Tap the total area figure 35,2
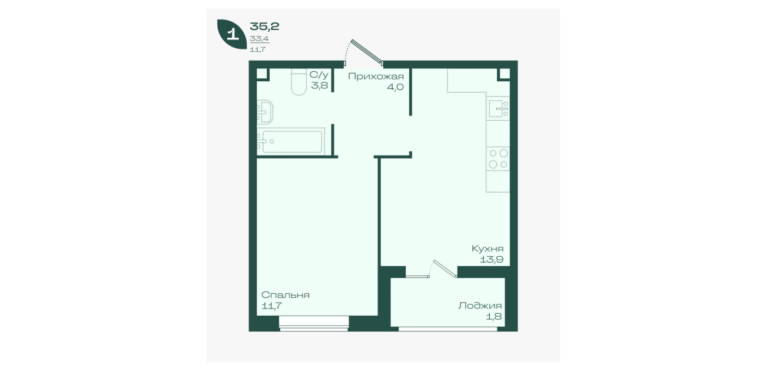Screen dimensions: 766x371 click(x=264, y=26)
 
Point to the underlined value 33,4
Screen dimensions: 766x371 click(x=259, y=39)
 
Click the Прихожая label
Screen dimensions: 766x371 click(x=376, y=76)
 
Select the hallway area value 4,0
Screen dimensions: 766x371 click(x=395, y=87)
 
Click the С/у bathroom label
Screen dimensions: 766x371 click(x=319, y=75)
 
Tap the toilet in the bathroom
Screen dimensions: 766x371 click(x=299, y=82)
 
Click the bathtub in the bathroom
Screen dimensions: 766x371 click(x=291, y=141)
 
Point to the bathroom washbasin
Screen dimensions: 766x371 click(x=265, y=112)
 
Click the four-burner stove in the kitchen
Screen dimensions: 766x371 click(x=498, y=158)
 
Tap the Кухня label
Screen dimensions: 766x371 click(x=488, y=249)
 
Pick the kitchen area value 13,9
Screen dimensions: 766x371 click(x=492, y=260)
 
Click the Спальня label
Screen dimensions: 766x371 click(x=286, y=295)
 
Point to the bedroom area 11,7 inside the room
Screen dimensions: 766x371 click(x=271, y=306)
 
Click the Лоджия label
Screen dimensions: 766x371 click(x=480, y=306)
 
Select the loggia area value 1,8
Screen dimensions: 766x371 click(x=494, y=316)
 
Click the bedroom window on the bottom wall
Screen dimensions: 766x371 click(x=314, y=323)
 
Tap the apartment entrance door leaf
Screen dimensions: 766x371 click(x=367, y=52)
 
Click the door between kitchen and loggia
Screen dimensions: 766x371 click(x=445, y=269)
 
